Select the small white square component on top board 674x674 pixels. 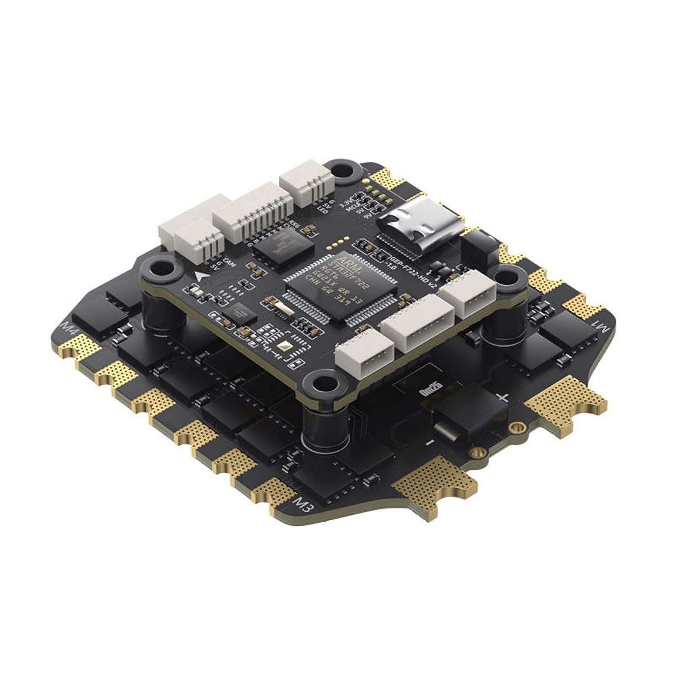click(x=283, y=346)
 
